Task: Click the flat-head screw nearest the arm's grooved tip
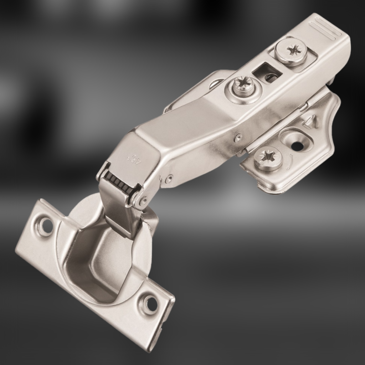click(x=292, y=51)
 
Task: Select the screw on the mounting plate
click(x=268, y=158)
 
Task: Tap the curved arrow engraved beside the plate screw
click(x=291, y=162)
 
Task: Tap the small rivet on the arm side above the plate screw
click(x=238, y=137)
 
